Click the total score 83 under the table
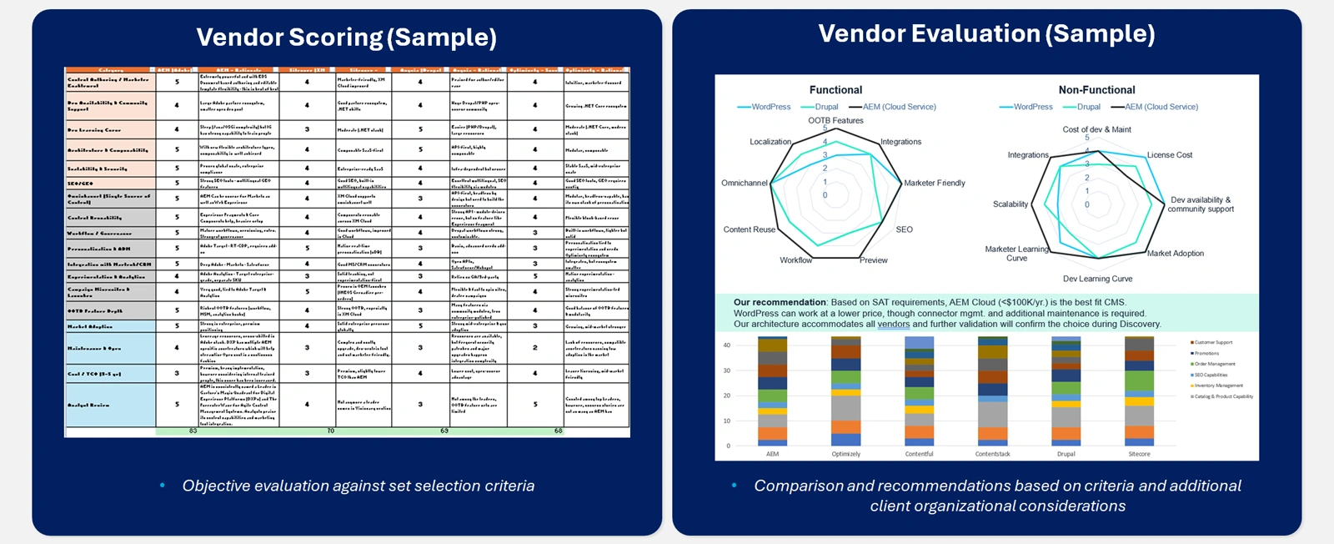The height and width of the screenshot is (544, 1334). [193, 431]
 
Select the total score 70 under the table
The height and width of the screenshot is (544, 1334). [330, 431]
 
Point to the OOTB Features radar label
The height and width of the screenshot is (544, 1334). [835, 120]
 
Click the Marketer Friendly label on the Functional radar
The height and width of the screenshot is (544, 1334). [935, 183]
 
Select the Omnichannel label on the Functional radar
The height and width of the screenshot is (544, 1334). [744, 183]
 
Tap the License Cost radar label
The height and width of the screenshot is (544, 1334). [1169, 155]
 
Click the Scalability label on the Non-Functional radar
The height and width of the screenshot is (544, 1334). [1010, 204]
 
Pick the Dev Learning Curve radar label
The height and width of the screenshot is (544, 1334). [1097, 279]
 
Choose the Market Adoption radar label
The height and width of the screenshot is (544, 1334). [1175, 254]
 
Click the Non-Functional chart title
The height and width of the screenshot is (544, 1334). [1096, 90]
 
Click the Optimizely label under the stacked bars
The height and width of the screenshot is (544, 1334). [845, 454]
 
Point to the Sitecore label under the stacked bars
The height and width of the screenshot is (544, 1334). [1139, 454]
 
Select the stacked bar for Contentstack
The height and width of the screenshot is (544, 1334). [992, 391]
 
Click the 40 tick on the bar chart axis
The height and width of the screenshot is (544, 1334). [727, 345]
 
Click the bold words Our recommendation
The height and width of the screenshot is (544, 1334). [780, 302]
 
